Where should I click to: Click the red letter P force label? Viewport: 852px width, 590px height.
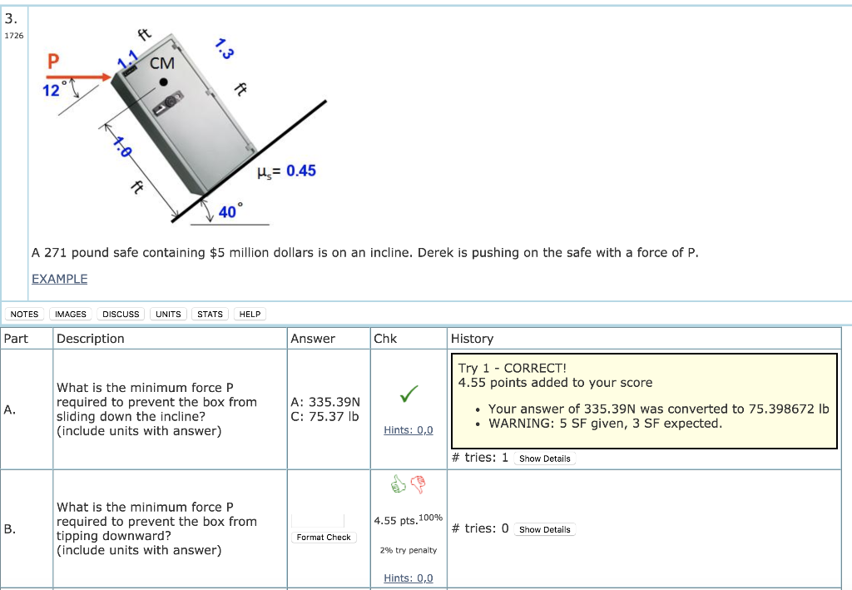pos(53,62)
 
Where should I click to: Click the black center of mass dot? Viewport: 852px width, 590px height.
pos(165,82)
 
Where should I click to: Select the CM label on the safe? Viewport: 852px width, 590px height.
pos(162,63)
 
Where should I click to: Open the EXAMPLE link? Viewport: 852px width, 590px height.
pos(59,279)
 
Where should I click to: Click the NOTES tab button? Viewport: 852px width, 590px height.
pos(24,314)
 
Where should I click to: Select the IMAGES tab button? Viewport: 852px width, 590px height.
pos(70,314)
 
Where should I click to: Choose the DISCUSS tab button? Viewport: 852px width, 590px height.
pos(121,314)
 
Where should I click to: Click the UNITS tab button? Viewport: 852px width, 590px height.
pos(168,314)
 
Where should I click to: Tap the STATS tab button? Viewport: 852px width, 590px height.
pos(210,314)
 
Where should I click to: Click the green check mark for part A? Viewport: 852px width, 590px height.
pos(408,397)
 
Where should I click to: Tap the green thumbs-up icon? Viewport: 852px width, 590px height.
pos(399,483)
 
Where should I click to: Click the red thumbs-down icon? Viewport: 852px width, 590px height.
pos(418,483)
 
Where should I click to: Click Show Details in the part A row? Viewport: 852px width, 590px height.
pos(544,459)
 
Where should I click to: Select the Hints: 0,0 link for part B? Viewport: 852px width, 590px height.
pos(408,578)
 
